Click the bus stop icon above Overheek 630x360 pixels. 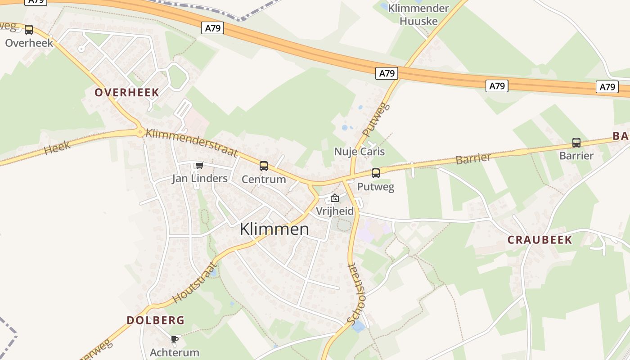coord(29,30)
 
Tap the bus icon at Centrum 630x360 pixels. coord(264,166)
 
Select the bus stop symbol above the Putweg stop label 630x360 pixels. coord(376,173)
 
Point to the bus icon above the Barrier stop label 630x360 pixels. coord(576,143)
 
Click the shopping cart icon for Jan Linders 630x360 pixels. coord(199,166)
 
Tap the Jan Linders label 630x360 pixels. coord(200,178)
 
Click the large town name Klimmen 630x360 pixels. coord(274,229)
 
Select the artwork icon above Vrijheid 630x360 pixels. coord(335,198)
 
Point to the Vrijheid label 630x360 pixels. coord(334,211)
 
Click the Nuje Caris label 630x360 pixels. coord(359,151)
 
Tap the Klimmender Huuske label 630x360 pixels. coord(418,14)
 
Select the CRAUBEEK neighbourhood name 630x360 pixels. coord(540,240)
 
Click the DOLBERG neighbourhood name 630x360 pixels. coord(155,320)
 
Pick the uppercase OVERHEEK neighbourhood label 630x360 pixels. coord(126,93)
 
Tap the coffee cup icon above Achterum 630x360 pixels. coord(175,339)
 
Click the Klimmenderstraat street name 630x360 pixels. coord(192,143)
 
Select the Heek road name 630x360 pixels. coord(58,147)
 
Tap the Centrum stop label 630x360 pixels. coord(264,179)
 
